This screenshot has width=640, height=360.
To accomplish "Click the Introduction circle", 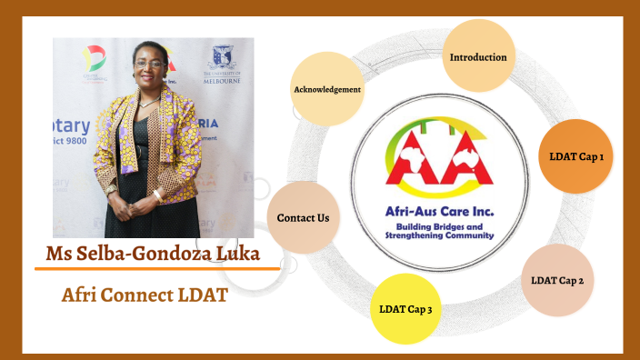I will pyautogui.click(x=477, y=57).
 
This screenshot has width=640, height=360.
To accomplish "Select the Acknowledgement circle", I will pyautogui.click(x=327, y=89).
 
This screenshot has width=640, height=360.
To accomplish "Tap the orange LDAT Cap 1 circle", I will pyautogui.click(x=576, y=156).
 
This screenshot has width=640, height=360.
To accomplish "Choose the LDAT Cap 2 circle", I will pyautogui.click(x=557, y=280).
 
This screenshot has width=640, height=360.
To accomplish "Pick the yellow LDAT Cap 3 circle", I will pyautogui.click(x=405, y=309).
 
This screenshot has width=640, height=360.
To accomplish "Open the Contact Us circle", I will pyautogui.click(x=303, y=218).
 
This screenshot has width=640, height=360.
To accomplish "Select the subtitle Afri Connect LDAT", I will pyautogui.click(x=145, y=295).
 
